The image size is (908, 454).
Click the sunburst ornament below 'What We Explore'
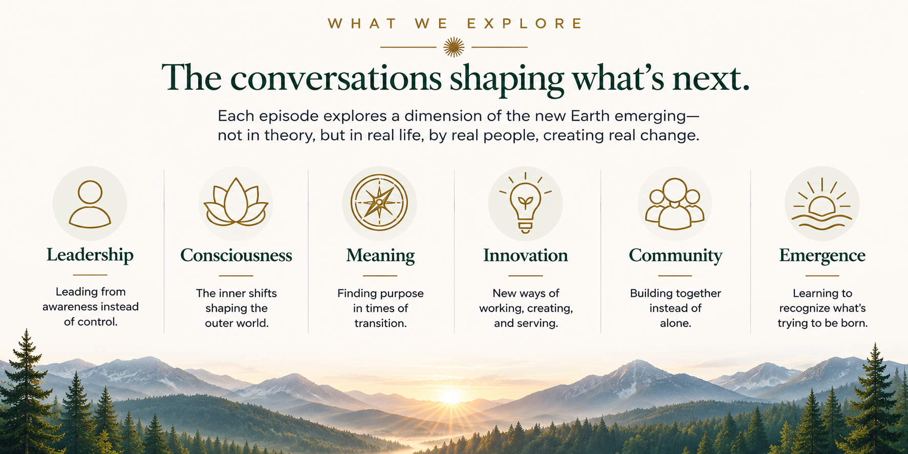point(454,47)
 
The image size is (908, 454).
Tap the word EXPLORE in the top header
point(525,24)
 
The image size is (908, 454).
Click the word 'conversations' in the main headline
point(336,78)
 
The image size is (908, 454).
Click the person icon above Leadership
point(90,204)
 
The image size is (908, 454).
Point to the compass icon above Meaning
point(379,203)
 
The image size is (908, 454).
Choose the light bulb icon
point(526,203)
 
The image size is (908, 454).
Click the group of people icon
point(675,204)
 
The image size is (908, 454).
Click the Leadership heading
point(90,255)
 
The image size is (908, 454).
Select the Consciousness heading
point(236,255)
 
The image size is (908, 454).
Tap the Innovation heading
point(526,255)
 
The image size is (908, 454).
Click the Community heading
point(676,256)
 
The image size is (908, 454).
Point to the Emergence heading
point(822,256)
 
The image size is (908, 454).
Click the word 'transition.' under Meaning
point(380,323)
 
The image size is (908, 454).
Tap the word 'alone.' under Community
point(676,323)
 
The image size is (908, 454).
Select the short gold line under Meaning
point(380,275)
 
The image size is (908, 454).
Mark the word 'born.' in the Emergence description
point(854,323)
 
